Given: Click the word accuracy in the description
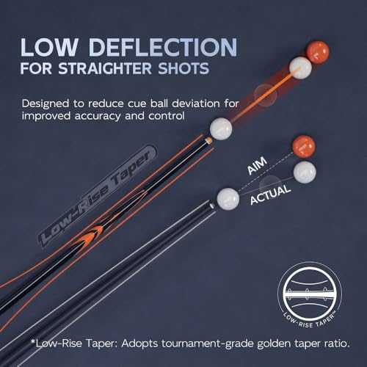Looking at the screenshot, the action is tap(98, 117).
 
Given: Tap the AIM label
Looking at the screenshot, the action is tap(257, 166).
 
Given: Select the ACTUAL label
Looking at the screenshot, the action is tap(270, 195).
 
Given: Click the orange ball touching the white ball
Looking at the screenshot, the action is tap(317, 52).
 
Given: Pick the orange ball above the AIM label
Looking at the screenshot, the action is tap(304, 147).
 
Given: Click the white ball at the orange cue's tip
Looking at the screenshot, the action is tap(221, 129).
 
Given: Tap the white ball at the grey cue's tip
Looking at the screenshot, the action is tap(228, 199).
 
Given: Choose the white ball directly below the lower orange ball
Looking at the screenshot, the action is tap(305, 172).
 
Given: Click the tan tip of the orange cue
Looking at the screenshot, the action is tap(208, 140).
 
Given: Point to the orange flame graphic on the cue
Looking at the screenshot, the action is tap(92, 234).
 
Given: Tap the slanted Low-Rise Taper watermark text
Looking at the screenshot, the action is tap(97, 195).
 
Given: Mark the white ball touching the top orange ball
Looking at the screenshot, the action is tap(300, 68).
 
